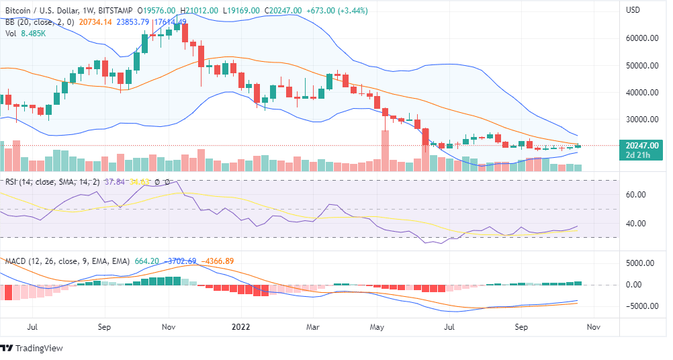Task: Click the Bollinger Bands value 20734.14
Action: (95, 21)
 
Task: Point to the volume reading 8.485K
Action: (33, 33)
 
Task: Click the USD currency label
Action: (633, 11)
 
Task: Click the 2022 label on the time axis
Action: (240, 327)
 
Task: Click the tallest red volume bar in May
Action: (386, 152)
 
